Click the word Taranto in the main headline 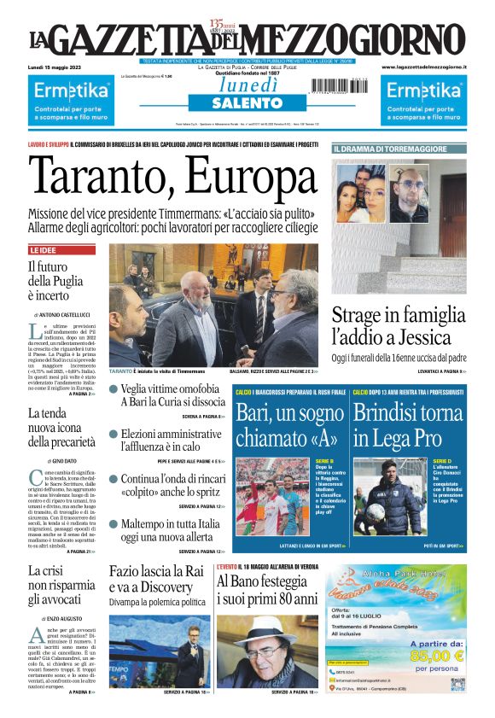pos(98,179)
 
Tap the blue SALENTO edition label pos(247,103)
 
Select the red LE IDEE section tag pos(45,251)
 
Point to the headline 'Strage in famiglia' pos(396,315)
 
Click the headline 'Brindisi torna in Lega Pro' pos(408,426)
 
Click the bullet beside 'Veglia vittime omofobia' pos(114,388)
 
